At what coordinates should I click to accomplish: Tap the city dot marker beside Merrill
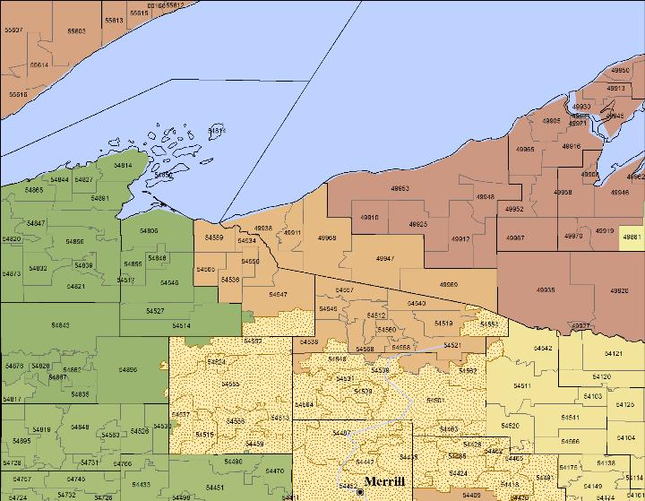click(359, 492)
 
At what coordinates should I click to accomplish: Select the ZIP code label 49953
click(400, 188)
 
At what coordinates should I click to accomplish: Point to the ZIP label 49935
click(545, 290)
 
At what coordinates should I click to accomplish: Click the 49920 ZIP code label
click(619, 290)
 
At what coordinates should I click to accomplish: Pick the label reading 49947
click(385, 258)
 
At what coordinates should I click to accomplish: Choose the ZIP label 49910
click(369, 218)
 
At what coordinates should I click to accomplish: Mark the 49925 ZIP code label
click(417, 224)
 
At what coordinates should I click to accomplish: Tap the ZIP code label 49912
click(460, 239)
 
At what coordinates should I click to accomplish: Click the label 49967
click(515, 238)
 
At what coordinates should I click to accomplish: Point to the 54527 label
click(154, 310)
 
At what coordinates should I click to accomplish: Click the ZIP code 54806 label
click(149, 231)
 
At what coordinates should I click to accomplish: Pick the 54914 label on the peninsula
click(123, 165)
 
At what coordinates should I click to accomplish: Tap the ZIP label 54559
click(214, 238)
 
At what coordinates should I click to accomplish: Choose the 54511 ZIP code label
click(522, 386)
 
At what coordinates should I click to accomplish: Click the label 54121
click(614, 355)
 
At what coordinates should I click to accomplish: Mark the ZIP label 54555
click(229, 384)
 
